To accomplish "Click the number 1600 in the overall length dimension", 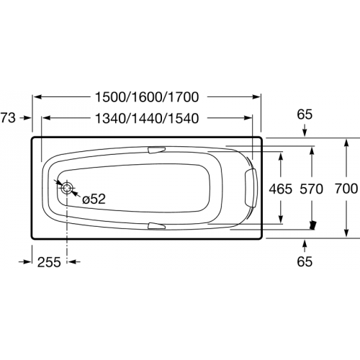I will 148,97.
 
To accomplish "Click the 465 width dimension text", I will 279,189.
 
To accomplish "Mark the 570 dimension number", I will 312,189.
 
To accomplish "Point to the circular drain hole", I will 67,189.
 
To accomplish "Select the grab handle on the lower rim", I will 156,226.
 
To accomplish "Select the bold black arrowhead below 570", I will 312,225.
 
